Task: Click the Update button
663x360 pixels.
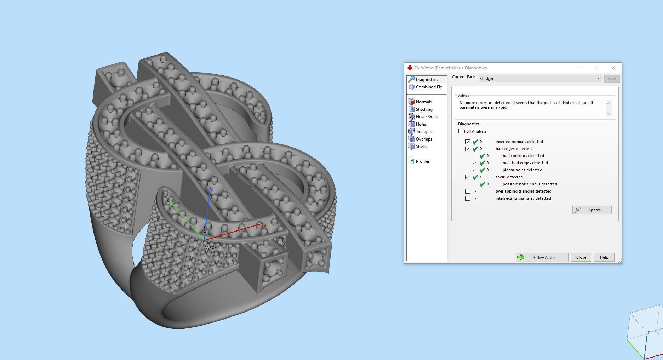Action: (x=592, y=210)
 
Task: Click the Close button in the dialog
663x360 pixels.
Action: (x=581, y=257)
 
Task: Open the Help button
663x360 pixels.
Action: (x=604, y=257)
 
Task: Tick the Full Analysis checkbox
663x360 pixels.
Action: (x=461, y=131)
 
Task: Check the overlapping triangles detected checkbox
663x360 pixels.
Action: (x=468, y=191)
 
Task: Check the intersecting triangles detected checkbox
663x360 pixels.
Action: (x=468, y=198)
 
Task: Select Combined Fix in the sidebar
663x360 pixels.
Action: (x=428, y=87)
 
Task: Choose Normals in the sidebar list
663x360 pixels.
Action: (x=423, y=102)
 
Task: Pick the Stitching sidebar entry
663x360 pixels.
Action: (x=424, y=109)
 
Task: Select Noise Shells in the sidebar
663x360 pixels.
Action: (x=427, y=117)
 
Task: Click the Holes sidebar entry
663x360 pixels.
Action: (x=421, y=124)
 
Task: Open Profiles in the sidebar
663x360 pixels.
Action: (x=422, y=161)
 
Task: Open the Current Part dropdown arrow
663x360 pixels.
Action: (x=599, y=79)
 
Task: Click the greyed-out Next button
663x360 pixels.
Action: (x=611, y=79)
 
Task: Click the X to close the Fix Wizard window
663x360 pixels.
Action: (x=613, y=68)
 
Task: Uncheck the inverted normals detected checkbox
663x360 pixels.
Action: (x=468, y=142)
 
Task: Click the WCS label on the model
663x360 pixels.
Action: (x=211, y=248)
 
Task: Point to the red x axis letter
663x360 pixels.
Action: (x=264, y=225)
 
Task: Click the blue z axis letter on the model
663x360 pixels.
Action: (x=212, y=189)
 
